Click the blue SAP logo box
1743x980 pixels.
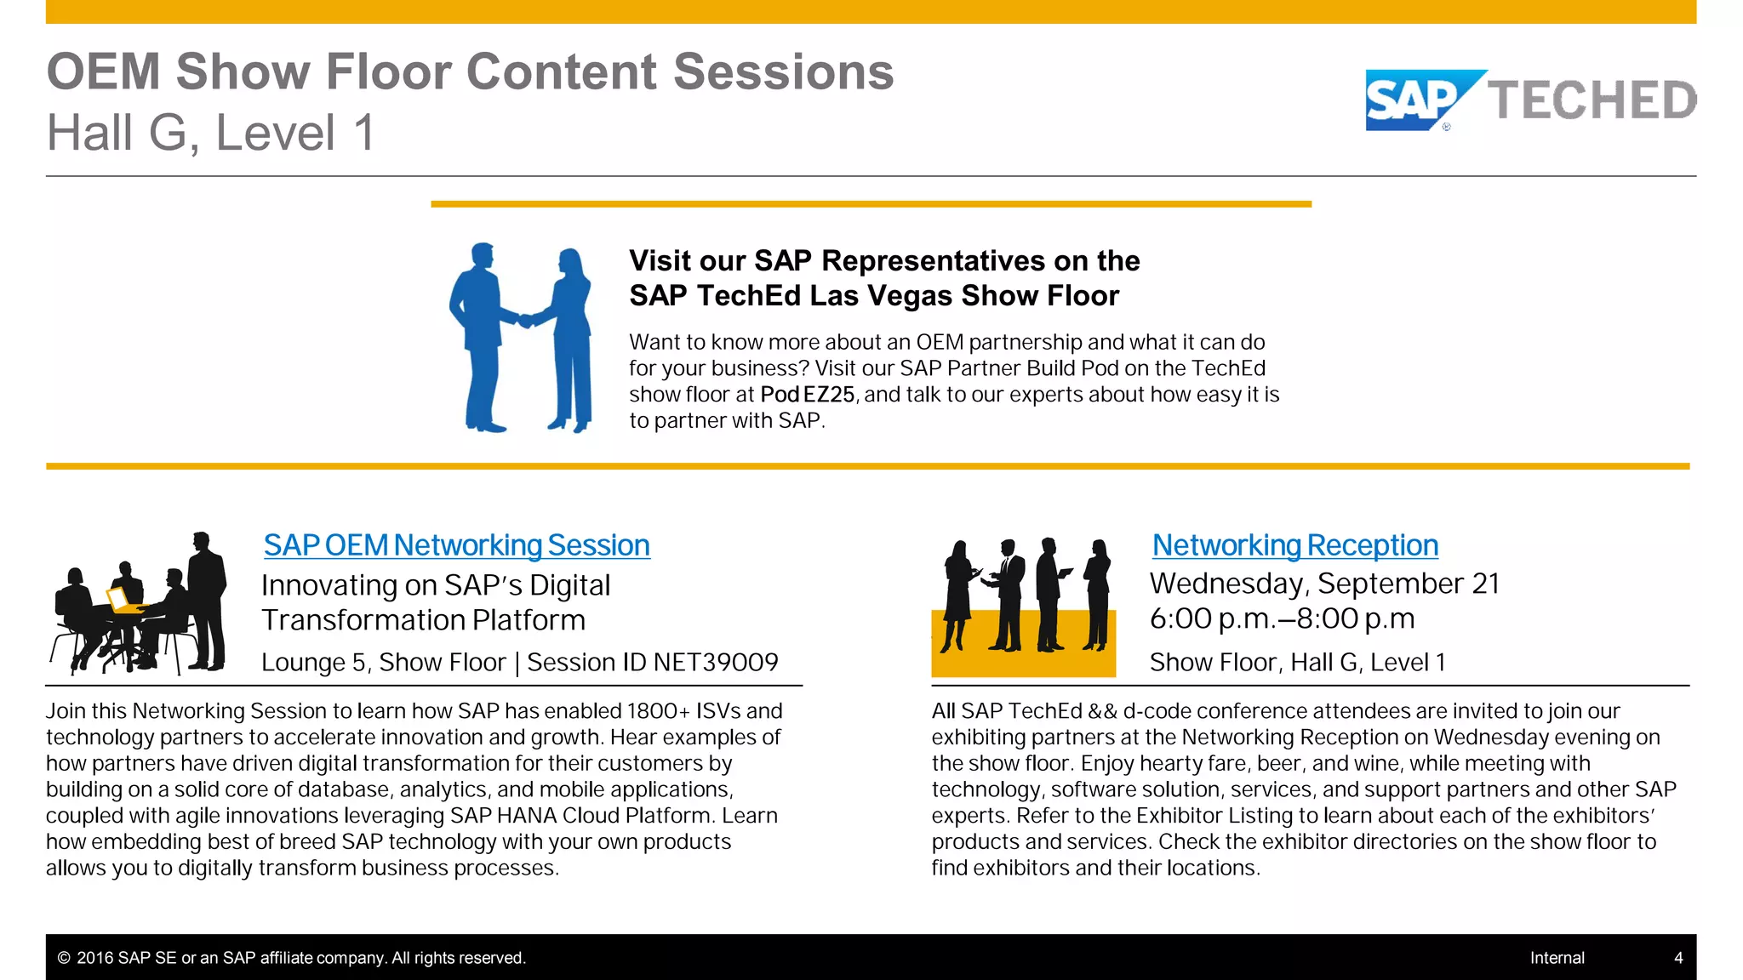click(x=1413, y=100)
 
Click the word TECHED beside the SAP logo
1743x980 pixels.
click(x=1592, y=100)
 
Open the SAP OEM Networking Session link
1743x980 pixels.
click(x=456, y=545)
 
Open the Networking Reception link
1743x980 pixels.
click(x=1294, y=545)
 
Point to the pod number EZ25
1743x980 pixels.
click(x=829, y=395)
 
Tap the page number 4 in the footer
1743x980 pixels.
click(x=1678, y=958)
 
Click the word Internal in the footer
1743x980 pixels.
click(x=1557, y=958)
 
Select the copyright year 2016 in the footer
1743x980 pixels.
click(x=95, y=958)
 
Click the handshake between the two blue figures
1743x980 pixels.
click(x=527, y=321)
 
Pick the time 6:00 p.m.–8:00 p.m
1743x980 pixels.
click(x=1282, y=618)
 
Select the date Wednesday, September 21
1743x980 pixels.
click(x=1324, y=584)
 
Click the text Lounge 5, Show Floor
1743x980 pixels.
click(x=383, y=663)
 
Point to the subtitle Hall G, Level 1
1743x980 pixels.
click(x=210, y=134)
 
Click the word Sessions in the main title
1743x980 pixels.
click(x=783, y=71)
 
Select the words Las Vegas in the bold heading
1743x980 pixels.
click(x=881, y=296)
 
